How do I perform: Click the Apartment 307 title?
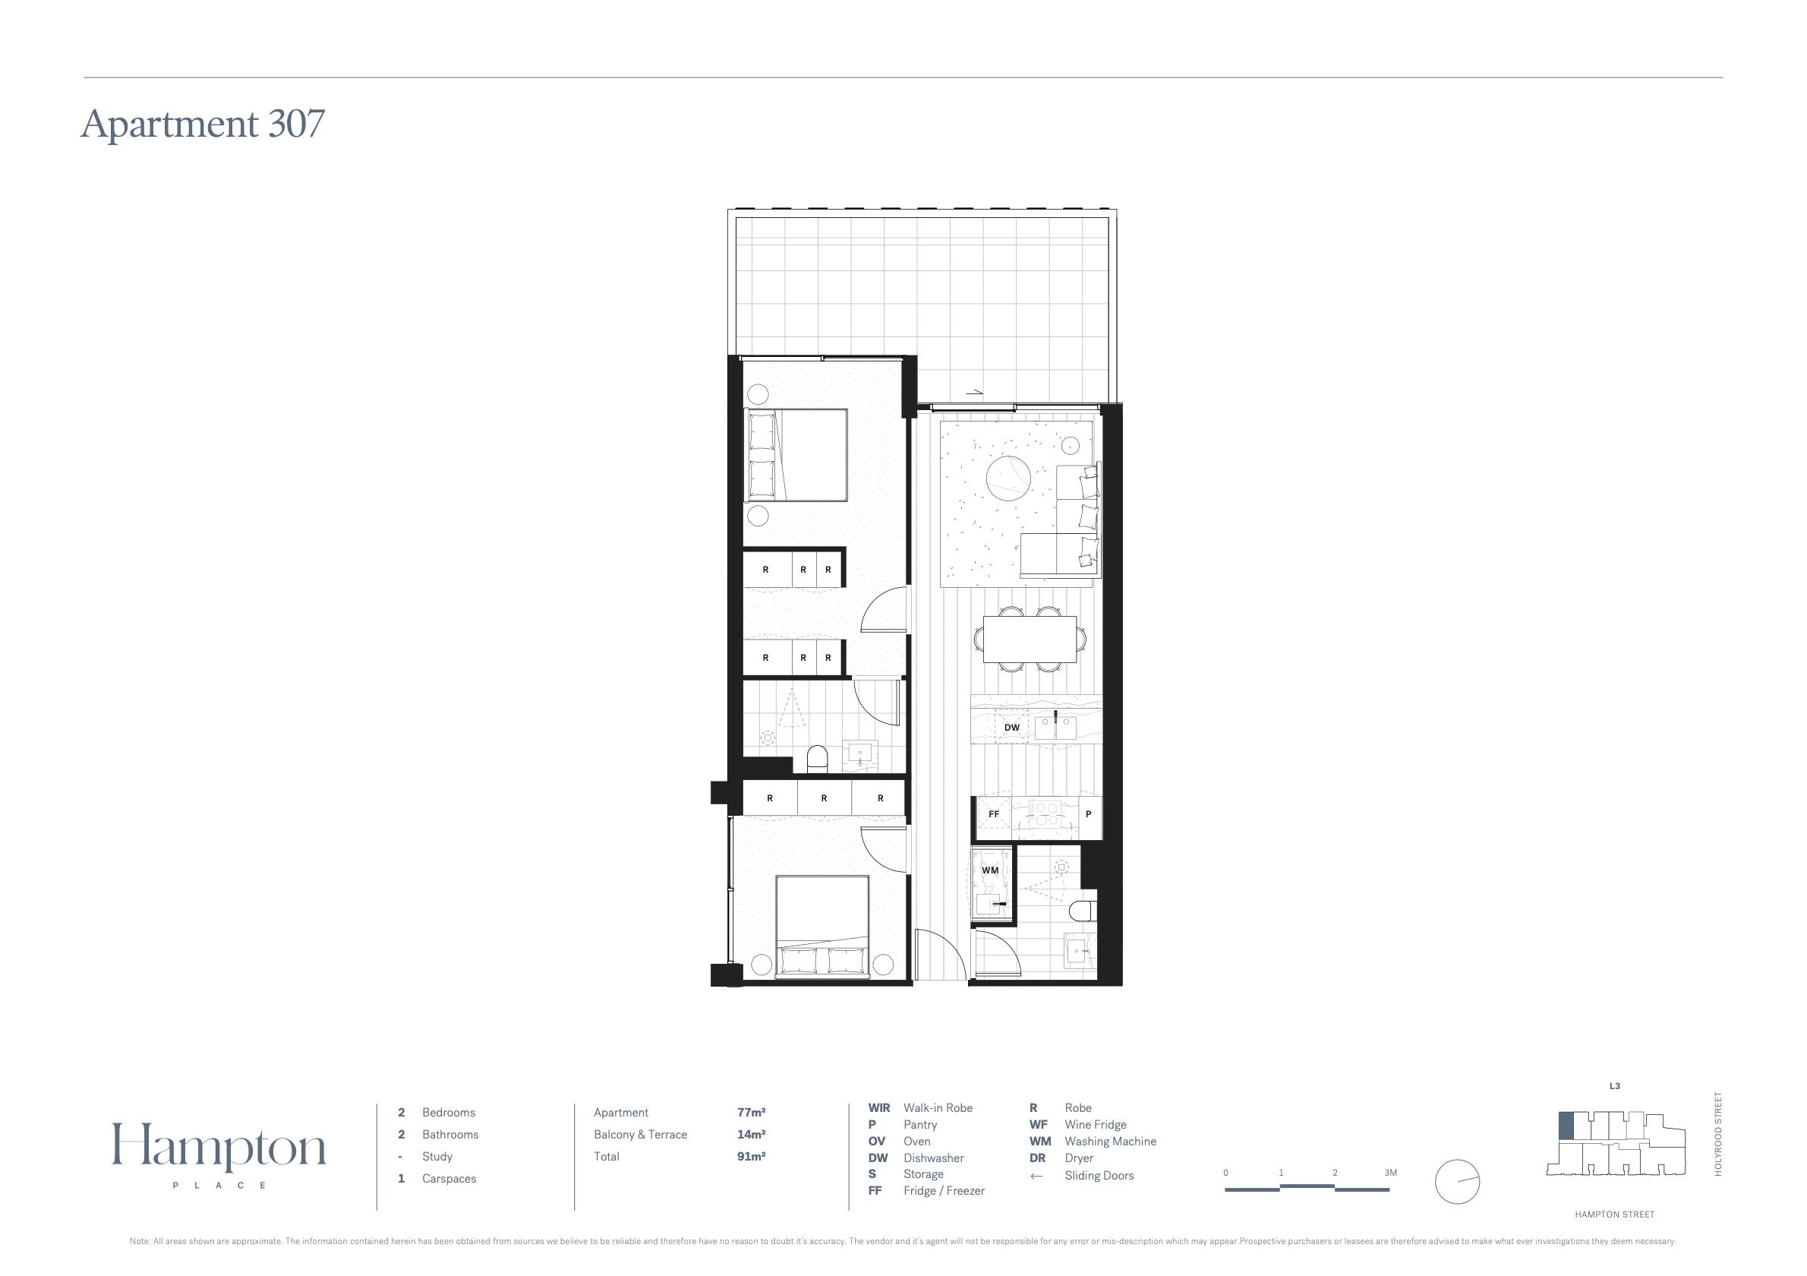tap(203, 124)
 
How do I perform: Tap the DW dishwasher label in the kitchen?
tap(1012, 728)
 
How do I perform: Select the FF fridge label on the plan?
tap(994, 814)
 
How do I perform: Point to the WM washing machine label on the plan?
tap(990, 870)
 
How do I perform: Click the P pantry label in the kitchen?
tap(1089, 814)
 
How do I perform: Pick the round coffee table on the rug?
tap(1008, 478)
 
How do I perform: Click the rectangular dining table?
tap(1030, 640)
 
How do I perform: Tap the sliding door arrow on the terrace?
tap(974, 391)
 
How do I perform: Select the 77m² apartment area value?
tap(752, 1112)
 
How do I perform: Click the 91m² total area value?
tap(752, 1156)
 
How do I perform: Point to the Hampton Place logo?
tap(219, 1154)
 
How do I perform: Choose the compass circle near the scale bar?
tap(1458, 1182)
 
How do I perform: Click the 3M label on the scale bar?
tap(1391, 1173)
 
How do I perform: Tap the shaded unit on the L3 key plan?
tap(1566, 1126)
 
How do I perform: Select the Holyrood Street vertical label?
tap(1718, 1134)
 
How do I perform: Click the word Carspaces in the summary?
tap(449, 1178)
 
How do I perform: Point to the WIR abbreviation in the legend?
tap(879, 1107)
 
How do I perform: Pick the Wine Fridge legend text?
tap(1096, 1125)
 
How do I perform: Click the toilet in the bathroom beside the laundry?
tap(1083, 908)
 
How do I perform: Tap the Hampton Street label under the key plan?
tap(1615, 1214)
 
